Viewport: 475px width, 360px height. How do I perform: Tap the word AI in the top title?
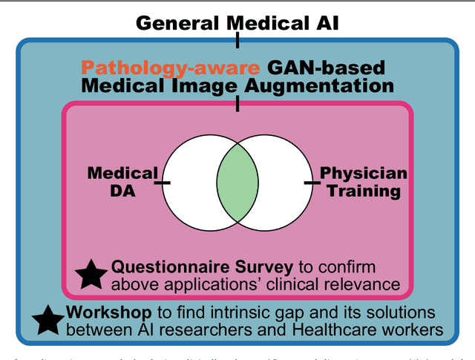324,22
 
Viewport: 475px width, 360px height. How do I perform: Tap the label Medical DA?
123,182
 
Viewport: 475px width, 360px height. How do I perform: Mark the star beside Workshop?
47,321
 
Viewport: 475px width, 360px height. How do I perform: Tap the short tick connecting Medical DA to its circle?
164,182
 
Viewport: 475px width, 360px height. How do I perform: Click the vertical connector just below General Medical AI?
237,39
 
